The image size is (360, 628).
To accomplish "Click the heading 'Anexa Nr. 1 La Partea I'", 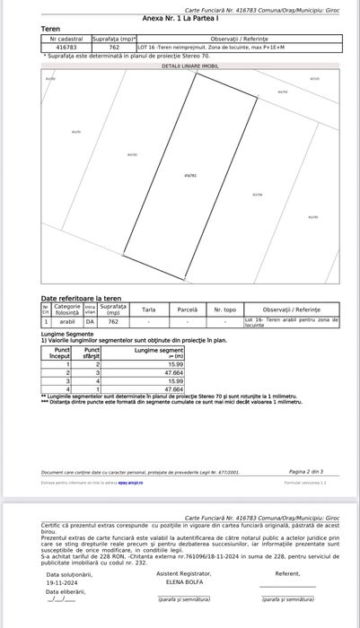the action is [180, 17].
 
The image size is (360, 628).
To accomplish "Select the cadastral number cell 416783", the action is [66, 48].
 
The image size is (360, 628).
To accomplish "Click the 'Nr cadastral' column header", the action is [66, 39].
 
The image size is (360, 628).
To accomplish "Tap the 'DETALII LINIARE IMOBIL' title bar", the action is [189, 65].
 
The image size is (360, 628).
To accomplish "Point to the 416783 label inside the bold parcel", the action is [189, 175].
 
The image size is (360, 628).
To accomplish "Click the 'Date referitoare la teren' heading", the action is [81, 298].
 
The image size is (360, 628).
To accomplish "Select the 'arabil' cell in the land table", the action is [67, 320].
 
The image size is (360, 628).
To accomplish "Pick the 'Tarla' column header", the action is [148, 310].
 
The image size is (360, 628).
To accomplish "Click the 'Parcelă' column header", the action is [187, 310].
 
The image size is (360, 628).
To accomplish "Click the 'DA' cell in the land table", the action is [90, 320].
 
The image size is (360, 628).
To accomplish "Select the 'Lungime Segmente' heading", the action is [66, 332].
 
